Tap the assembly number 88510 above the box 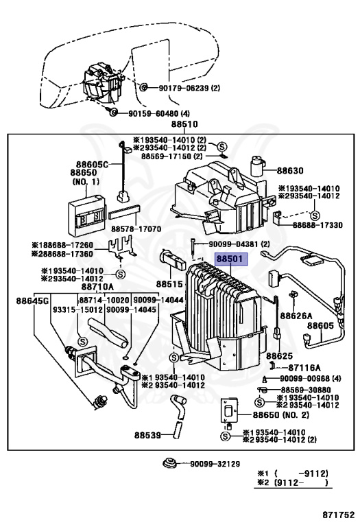coord(184,124)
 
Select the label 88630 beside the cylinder coord(290,171)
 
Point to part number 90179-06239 coord(182,88)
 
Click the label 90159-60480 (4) coord(159,114)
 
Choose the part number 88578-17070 coord(136,229)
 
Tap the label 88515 coord(169,284)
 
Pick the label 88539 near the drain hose coord(147,435)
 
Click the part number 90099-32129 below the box coord(215,464)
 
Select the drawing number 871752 coord(339,515)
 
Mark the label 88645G coord(32,301)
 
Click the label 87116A coord(304,368)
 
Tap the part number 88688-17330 coord(317,225)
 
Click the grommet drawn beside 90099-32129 coord(169,463)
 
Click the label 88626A coord(296,316)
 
